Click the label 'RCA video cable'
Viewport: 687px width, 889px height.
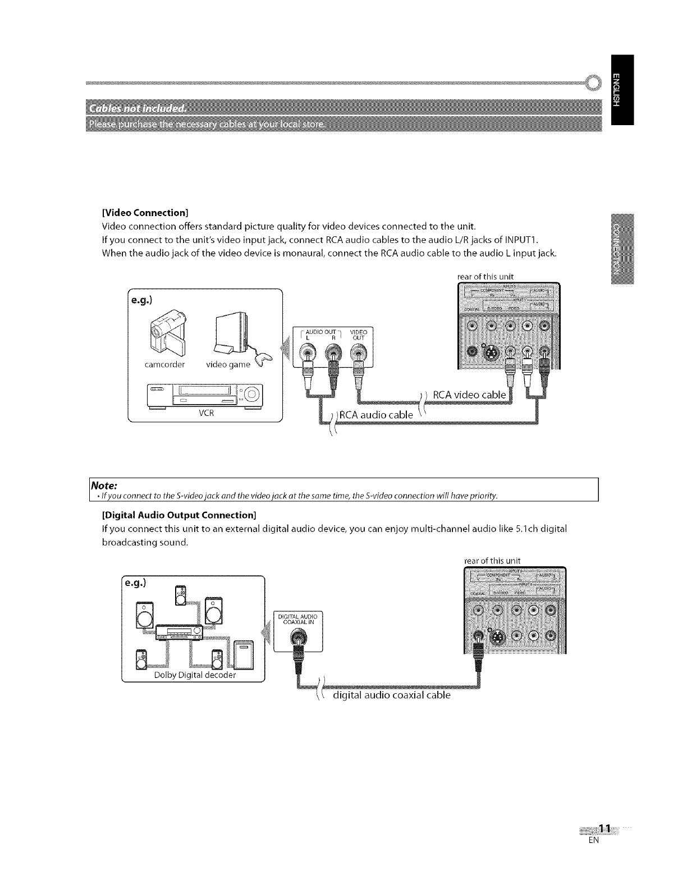click(x=470, y=396)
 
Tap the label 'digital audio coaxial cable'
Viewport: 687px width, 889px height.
click(x=391, y=695)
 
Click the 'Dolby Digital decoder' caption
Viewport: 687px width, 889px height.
click(x=195, y=675)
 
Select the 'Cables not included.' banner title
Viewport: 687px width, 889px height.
click(x=137, y=108)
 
